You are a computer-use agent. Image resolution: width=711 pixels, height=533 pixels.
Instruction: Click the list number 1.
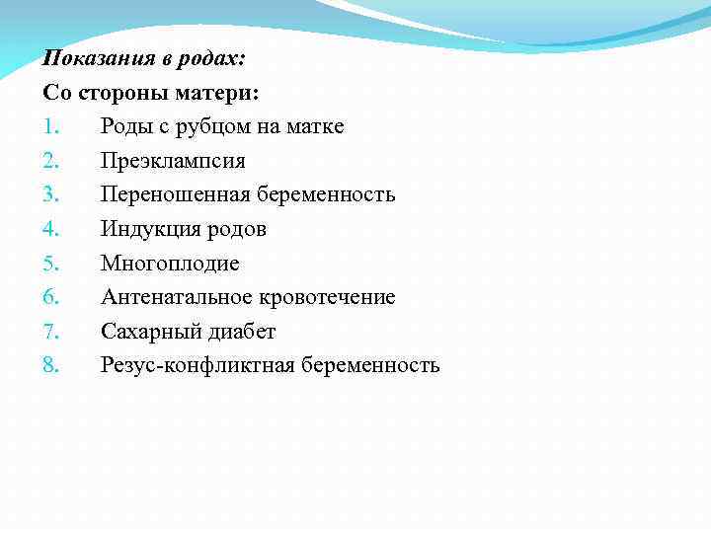[x=50, y=127]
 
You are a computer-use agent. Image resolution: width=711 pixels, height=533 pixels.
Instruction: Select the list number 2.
[x=51, y=161]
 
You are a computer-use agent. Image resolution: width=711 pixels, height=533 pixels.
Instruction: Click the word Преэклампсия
[x=173, y=161]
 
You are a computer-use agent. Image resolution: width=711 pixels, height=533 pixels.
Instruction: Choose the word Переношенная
[x=176, y=195]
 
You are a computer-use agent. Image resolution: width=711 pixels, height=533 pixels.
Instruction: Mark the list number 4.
[x=51, y=230]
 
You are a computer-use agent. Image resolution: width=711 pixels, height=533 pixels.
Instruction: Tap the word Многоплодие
[x=170, y=264]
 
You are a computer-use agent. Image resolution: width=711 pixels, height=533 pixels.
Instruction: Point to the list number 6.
[x=51, y=298]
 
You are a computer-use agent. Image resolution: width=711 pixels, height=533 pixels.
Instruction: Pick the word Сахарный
[x=146, y=332]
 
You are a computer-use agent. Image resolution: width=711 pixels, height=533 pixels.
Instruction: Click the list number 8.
[x=51, y=366]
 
